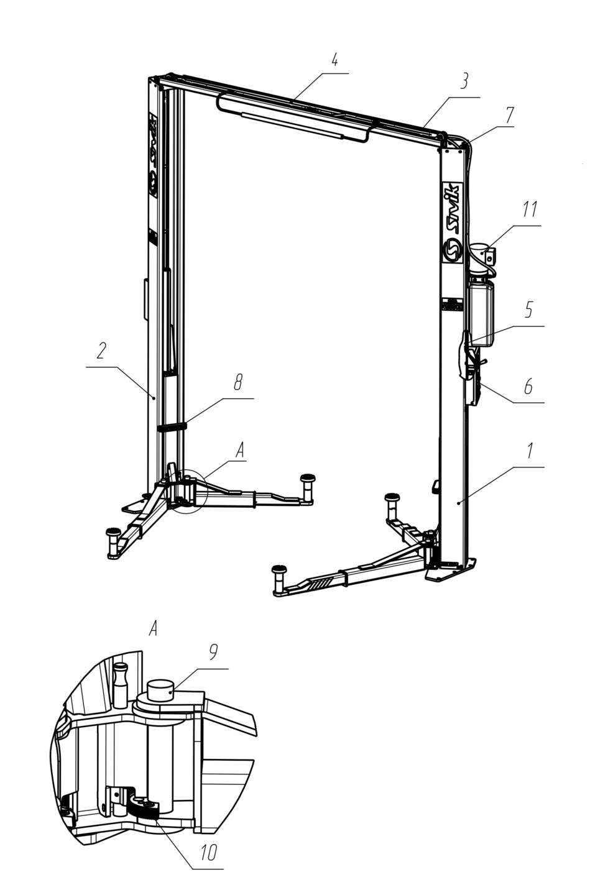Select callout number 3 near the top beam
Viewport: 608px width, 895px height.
(x=464, y=82)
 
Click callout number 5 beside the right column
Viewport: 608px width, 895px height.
(x=528, y=310)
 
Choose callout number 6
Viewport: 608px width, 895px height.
(x=528, y=387)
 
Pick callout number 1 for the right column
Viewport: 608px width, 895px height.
(x=530, y=450)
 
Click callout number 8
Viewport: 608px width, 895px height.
(x=237, y=383)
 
